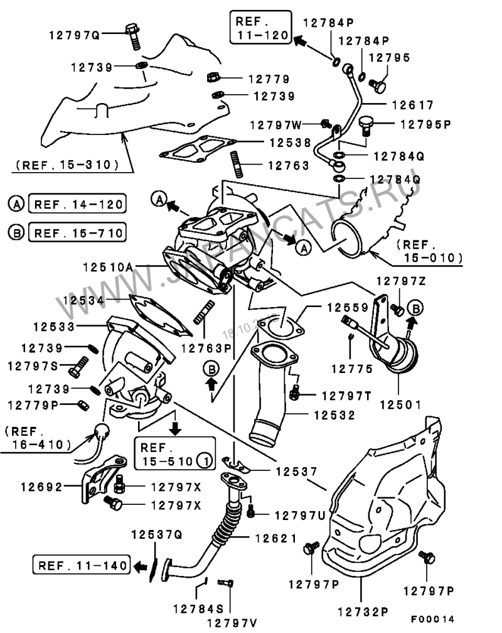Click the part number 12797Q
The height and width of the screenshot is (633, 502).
[75, 35]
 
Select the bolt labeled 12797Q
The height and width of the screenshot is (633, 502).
[134, 36]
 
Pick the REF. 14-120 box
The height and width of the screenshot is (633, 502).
[77, 204]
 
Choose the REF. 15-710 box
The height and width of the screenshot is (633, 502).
[77, 233]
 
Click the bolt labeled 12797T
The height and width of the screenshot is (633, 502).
[296, 394]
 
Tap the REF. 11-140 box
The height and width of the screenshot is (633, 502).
[82, 564]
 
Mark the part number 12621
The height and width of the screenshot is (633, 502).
[279, 538]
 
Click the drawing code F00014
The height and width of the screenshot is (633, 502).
[432, 619]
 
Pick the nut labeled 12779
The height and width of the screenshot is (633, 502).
[212, 79]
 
